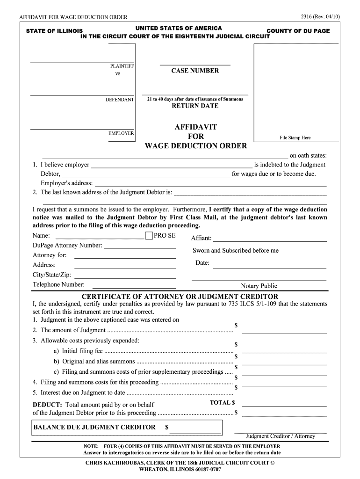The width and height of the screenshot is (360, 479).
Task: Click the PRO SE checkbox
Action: pyautogui.click(x=149, y=236)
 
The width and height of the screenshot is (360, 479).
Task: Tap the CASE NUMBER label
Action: pyautogui.click(x=195, y=71)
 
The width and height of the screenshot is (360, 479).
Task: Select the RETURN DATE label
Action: pyautogui.click(x=195, y=106)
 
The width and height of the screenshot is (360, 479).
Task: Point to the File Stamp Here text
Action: pyautogui.click(x=295, y=138)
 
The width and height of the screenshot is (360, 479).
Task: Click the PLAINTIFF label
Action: pyautogui.click(x=122, y=66)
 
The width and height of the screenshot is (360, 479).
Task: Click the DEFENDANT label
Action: pyautogui.click(x=120, y=100)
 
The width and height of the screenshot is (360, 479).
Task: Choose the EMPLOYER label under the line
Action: pyautogui.click(x=121, y=133)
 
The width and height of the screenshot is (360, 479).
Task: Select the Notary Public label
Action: pyautogui.click(x=259, y=286)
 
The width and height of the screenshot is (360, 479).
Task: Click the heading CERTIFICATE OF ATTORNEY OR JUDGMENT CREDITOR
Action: pyautogui.click(x=180, y=297)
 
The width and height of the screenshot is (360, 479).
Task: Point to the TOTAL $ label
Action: pyautogui.click(x=223, y=402)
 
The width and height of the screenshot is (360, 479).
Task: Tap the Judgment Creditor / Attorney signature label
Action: pyautogui.click(x=281, y=436)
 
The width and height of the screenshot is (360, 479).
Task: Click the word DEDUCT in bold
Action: pyautogui.click(x=47, y=405)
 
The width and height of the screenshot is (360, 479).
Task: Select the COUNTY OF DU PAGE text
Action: pyautogui.click(x=298, y=31)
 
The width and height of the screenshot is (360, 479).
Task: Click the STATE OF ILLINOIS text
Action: pyautogui.click(x=54, y=31)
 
